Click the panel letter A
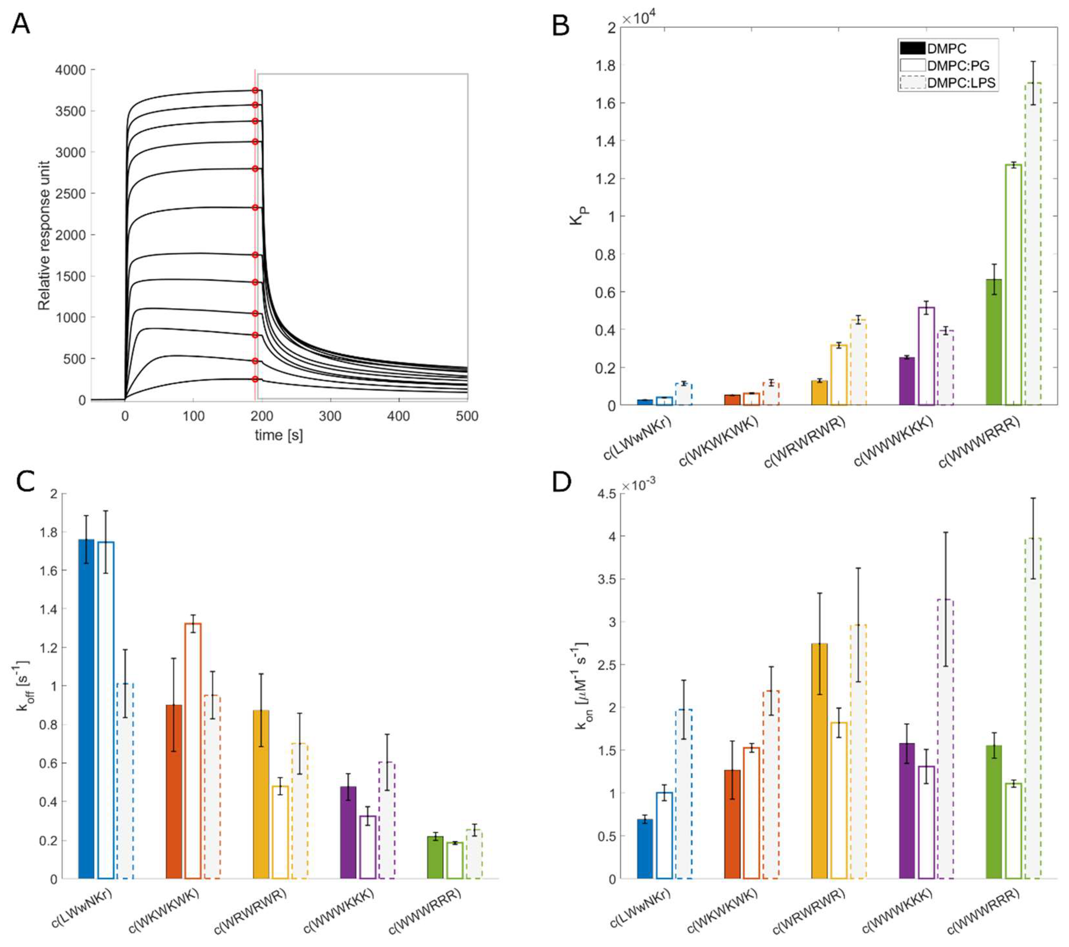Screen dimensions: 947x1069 tap(21, 23)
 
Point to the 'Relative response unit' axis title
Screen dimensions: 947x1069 tap(45, 235)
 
